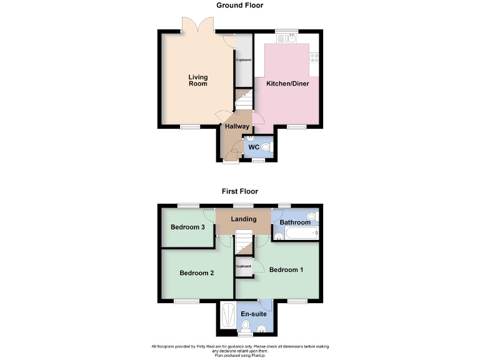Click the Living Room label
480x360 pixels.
click(x=198, y=81)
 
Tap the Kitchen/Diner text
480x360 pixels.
click(x=287, y=83)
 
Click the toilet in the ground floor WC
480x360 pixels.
click(x=267, y=147)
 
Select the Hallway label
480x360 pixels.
click(x=237, y=126)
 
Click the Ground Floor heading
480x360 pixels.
click(x=240, y=6)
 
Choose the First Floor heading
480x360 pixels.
click(x=240, y=191)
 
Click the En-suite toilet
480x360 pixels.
click(x=246, y=325)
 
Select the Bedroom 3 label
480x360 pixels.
click(x=188, y=227)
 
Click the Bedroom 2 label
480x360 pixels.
click(x=197, y=272)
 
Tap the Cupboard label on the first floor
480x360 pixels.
click(x=243, y=266)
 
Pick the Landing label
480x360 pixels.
click(x=244, y=219)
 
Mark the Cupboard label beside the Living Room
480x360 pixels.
click(x=244, y=60)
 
